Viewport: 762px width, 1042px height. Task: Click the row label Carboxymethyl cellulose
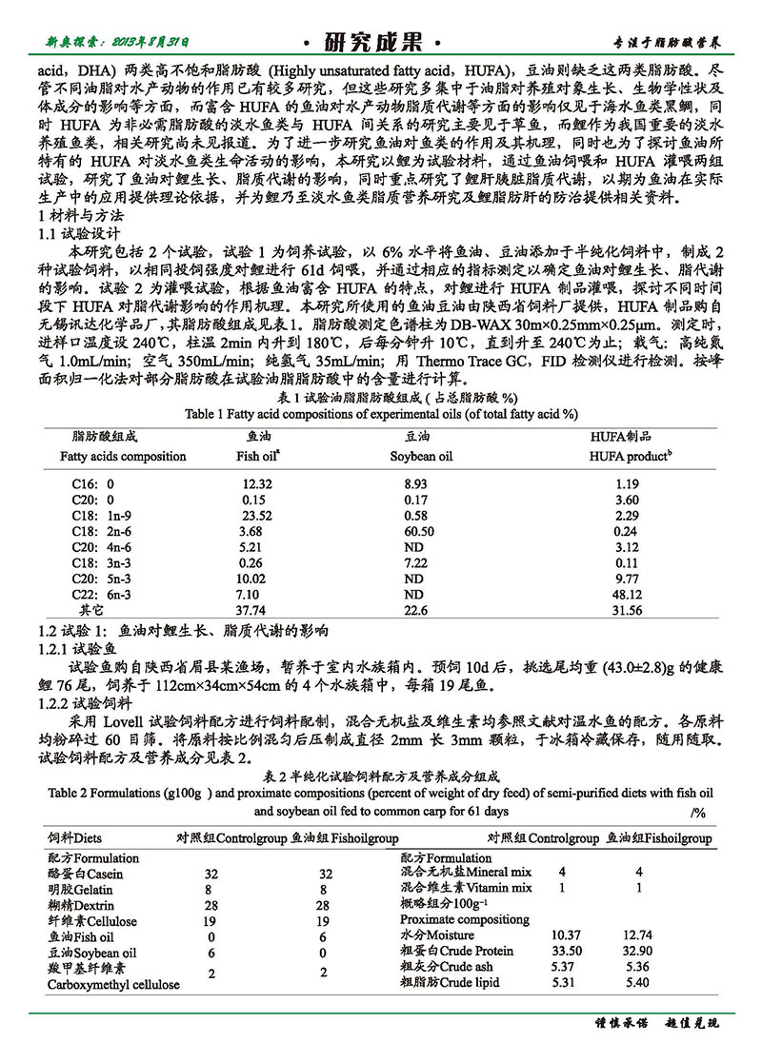pyautogui.click(x=113, y=984)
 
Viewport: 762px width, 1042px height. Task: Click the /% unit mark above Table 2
pyautogui.click(x=696, y=812)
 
